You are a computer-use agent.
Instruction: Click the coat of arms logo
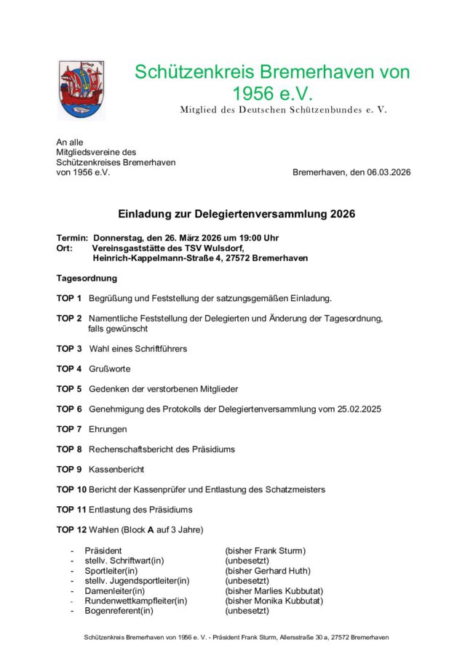[x=76, y=89]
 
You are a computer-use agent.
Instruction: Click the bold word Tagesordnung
[x=87, y=278]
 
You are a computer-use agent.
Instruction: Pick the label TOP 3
[x=69, y=348]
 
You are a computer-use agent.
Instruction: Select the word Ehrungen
[x=108, y=429]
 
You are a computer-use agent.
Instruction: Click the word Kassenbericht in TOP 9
[x=116, y=469]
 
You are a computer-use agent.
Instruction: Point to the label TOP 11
[x=71, y=510]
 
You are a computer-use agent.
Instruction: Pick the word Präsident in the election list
[x=103, y=550]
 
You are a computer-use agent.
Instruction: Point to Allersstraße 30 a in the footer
[x=294, y=637]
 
